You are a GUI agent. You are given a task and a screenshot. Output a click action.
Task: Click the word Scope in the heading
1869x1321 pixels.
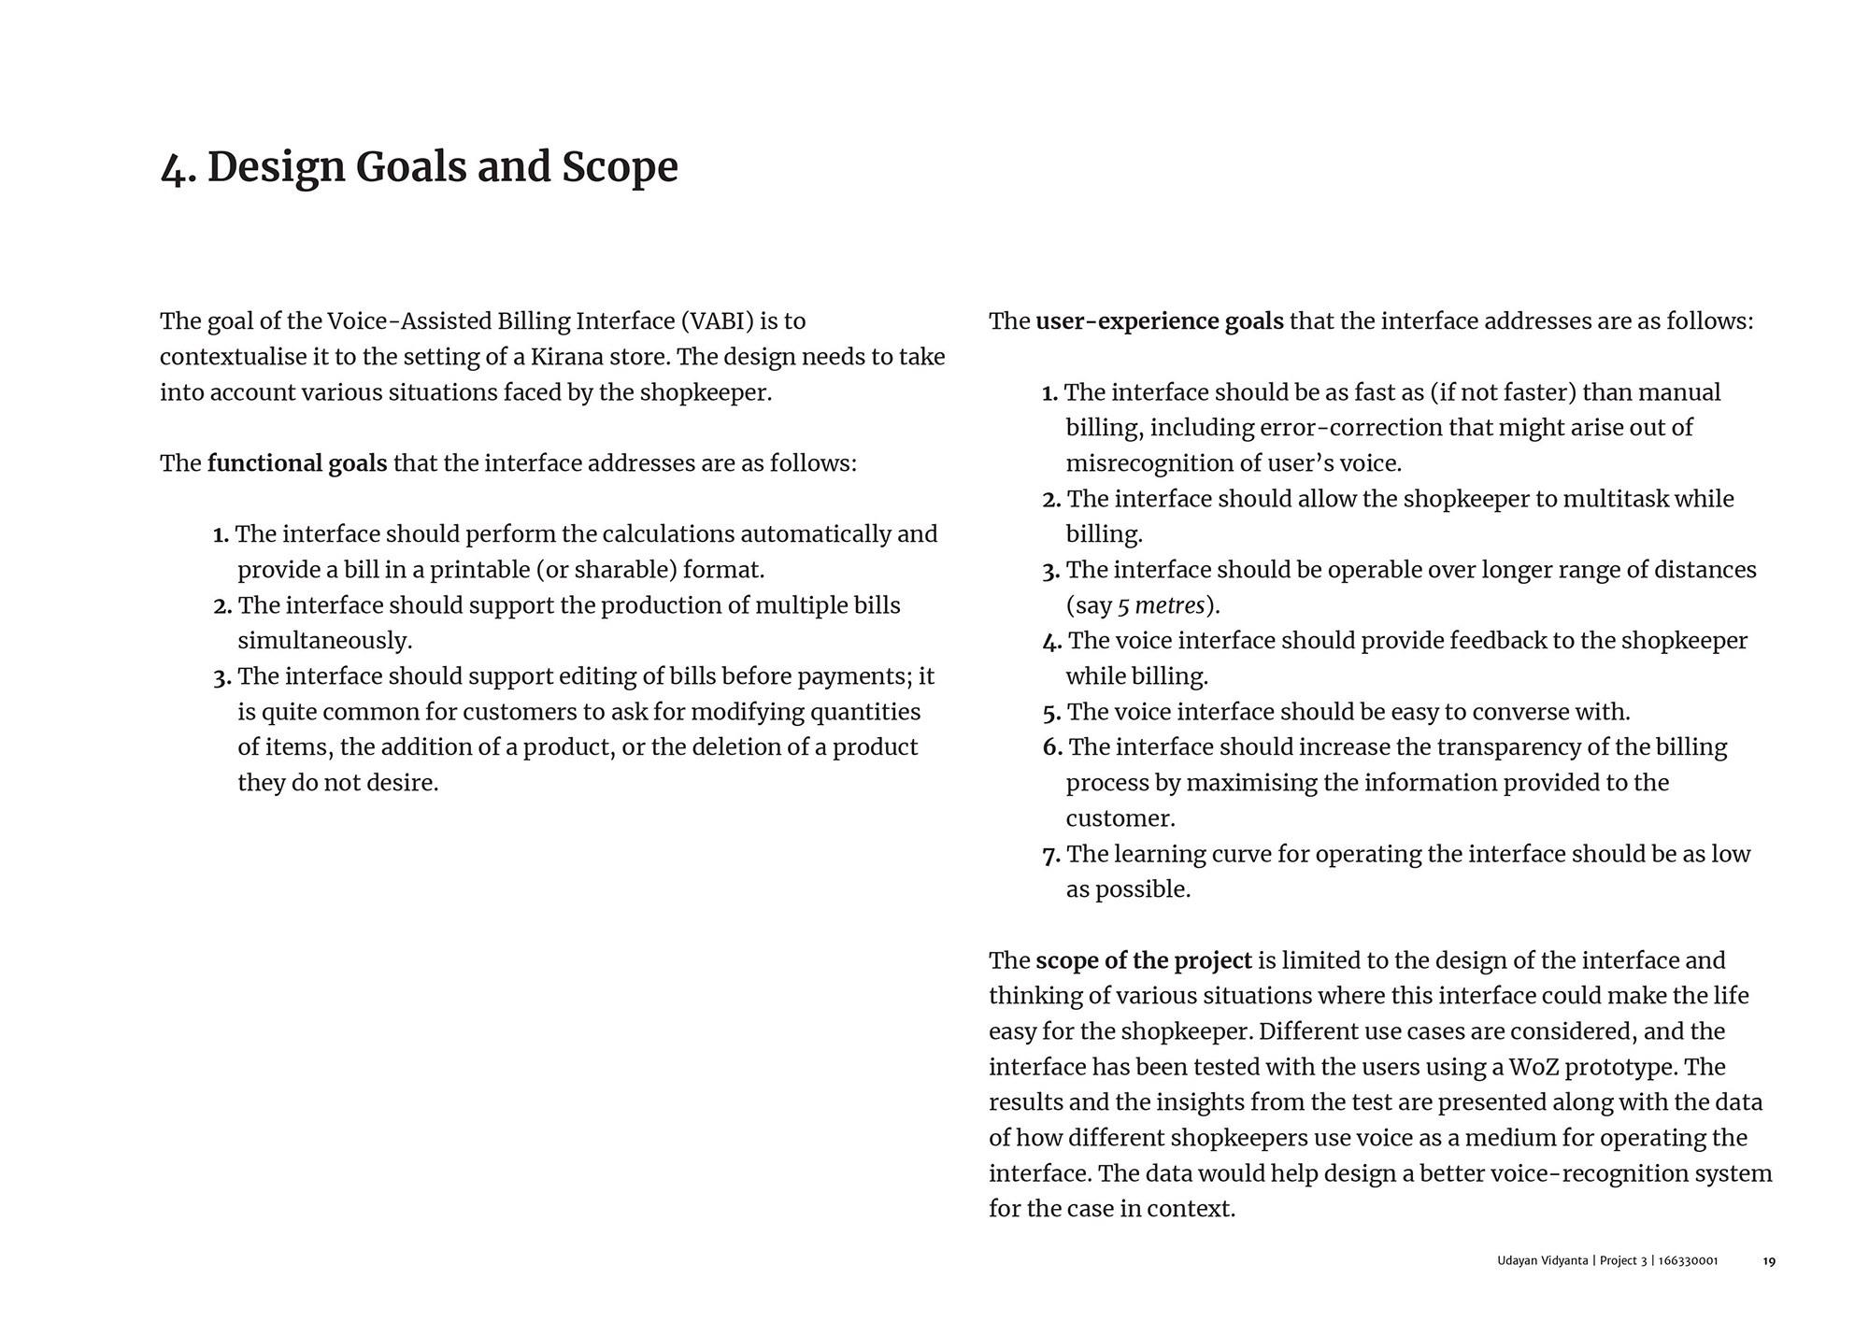619,168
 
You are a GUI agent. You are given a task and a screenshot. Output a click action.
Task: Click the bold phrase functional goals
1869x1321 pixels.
297,463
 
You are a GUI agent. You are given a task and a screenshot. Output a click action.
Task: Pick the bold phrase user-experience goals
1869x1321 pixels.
1159,321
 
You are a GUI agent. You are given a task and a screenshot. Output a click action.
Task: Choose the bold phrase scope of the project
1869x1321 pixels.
1143,960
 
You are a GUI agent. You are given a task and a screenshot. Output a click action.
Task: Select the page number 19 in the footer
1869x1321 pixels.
1769,1261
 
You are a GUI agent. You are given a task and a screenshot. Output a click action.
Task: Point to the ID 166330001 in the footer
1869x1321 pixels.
1688,1261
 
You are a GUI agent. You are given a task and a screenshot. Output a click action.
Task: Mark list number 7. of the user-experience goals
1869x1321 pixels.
1051,855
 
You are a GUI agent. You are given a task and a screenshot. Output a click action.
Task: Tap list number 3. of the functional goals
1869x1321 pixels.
222,677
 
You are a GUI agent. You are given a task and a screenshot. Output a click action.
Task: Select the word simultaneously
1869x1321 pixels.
324,641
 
